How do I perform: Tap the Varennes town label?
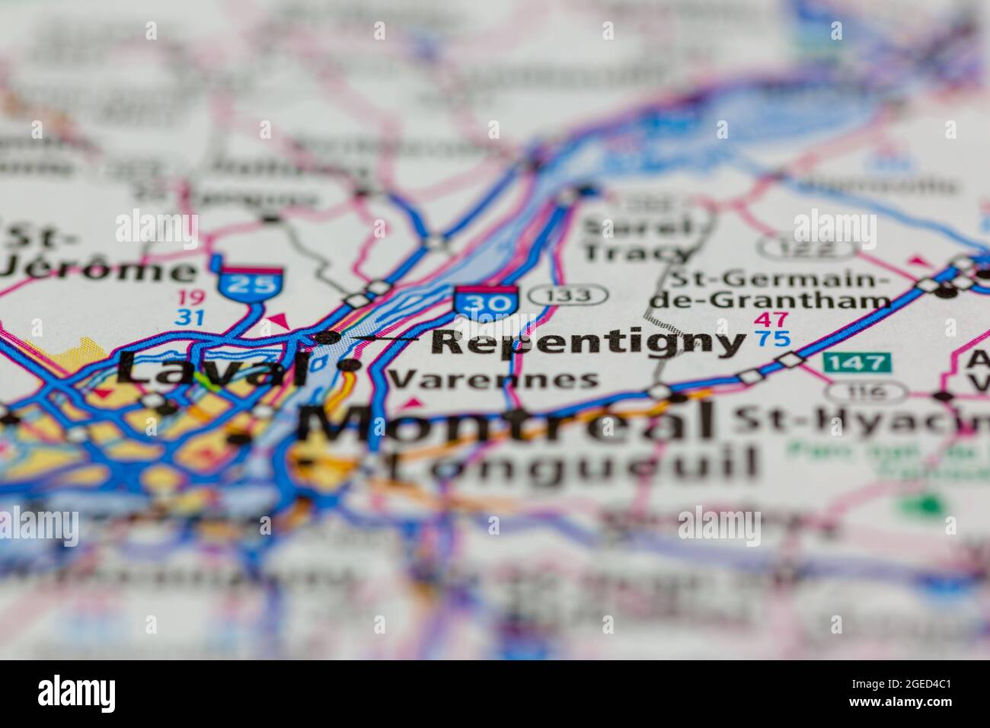(x=493, y=378)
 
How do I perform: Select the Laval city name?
(x=213, y=370)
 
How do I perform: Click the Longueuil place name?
(x=571, y=462)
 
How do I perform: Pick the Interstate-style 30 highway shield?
(x=486, y=300)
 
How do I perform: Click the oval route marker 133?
(x=569, y=295)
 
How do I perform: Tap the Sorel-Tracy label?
(x=637, y=239)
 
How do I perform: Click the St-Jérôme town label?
(x=91, y=255)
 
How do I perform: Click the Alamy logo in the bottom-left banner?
(x=77, y=694)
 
